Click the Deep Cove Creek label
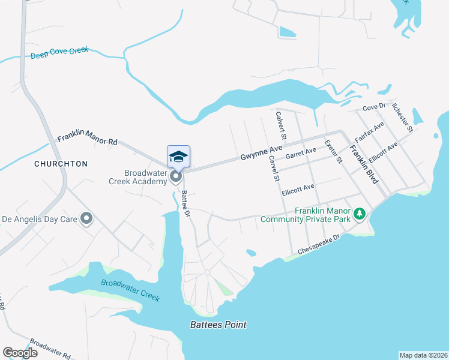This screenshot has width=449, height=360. tap(59, 53)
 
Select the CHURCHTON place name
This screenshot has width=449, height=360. tap(61, 163)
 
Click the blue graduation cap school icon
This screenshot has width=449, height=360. tap(178, 157)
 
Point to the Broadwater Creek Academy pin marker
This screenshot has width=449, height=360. tap(176, 176)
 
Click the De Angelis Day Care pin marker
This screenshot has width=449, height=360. tap(87, 219)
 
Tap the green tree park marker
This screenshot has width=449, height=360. tap(360, 214)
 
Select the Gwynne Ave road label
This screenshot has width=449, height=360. tap(262, 154)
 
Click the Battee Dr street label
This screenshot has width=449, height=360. tap(186, 203)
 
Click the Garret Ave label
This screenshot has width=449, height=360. tap(301, 155)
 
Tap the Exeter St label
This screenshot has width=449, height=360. tap(333, 152)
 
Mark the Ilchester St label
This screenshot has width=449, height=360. tap(402, 116)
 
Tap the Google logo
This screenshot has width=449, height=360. tap(20, 353)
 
